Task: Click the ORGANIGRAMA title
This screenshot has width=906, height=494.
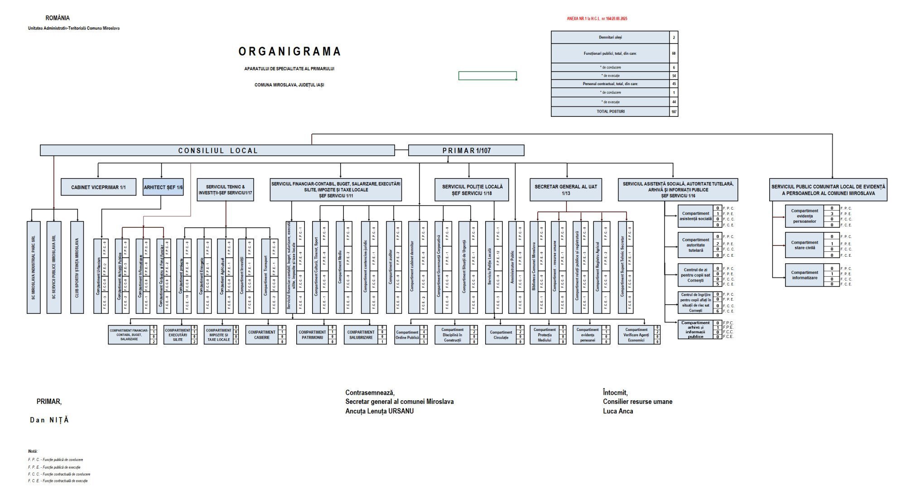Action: (x=289, y=52)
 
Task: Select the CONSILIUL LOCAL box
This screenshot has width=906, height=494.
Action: (x=217, y=150)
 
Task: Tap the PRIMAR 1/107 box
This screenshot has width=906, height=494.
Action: (x=466, y=150)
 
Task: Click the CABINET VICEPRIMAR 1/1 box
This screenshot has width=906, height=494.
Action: (x=98, y=187)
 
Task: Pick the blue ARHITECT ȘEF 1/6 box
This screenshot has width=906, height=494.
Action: (x=163, y=187)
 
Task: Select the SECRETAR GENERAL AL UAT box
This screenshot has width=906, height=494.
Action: (x=566, y=190)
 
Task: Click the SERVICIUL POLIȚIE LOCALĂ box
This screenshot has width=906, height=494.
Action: (x=472, y=190)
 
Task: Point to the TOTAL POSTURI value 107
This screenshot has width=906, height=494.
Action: (x=674, y=111)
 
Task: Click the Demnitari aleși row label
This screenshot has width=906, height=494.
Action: (x=610, y=38)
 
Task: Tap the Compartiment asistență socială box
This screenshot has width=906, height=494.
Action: (x=695, y=216)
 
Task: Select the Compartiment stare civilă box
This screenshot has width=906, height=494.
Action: (x=805, y=245)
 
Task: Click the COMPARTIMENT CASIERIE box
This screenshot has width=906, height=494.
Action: (x=262, y=335)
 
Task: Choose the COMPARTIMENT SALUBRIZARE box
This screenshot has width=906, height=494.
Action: (x=360, y=335)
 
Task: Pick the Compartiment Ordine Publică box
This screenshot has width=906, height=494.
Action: (x=407, y=335)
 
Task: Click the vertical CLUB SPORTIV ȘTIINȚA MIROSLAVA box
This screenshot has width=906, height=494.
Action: (x=77, y=267)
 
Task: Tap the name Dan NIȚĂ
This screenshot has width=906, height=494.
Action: (x=49, y=420)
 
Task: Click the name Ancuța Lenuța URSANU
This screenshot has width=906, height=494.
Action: (x=379, y=411)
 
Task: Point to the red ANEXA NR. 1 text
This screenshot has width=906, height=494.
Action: (x=597, y=19)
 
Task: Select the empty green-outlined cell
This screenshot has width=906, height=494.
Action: (x=487, y=76)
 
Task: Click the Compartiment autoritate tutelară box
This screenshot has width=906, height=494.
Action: (x=695, y=245)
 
